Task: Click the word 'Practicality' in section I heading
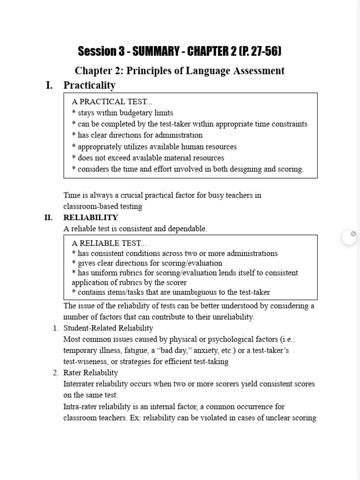[90, 85]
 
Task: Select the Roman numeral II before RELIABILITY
[48, 217]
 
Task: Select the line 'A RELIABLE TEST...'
[109, 243]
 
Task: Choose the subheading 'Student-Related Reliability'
[108, 328]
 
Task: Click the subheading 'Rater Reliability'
[90, 373]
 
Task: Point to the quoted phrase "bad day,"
[173, 351]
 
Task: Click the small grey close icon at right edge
[353, 234]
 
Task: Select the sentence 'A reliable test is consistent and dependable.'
[135, 229]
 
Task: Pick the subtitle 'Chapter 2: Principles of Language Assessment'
[180, 71]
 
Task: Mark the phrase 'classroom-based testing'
[103, 206]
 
